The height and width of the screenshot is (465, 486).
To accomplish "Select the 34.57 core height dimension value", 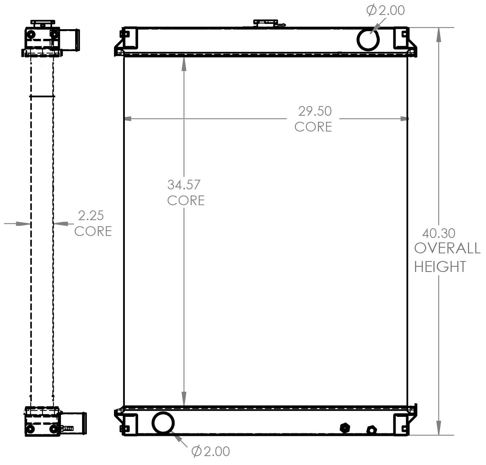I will coord(184,185).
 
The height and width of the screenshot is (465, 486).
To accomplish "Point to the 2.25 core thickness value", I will coord(91,215).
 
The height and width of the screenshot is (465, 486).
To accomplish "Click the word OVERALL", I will coord(447,248).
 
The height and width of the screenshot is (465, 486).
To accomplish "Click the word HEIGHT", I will coord(440,267).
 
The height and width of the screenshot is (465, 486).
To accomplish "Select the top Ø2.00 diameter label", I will coord(385,11).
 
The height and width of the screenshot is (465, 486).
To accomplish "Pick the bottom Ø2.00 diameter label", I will coord(210,451).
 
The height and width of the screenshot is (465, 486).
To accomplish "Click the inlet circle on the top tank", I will coord(368,39).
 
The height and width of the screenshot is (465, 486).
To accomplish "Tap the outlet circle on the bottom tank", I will coord(163,423).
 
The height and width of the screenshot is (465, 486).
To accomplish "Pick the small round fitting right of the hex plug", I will coord(371,430).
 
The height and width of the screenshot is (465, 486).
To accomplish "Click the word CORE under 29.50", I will coord(313,127).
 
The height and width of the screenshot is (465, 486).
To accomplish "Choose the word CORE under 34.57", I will coord(186,200).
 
